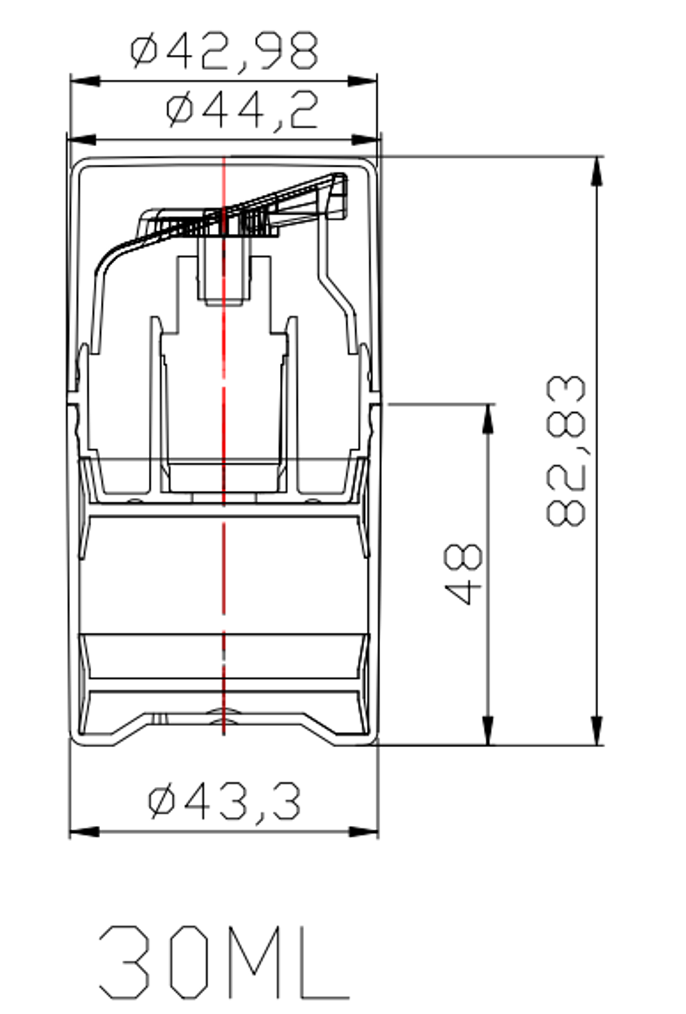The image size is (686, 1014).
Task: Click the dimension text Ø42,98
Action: (x=224, y=50)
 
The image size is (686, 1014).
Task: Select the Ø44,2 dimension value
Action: (x=243, y=109)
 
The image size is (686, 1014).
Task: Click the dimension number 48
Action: (x=463, y=574)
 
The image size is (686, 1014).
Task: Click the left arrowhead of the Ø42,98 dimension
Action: (x=85, y=81)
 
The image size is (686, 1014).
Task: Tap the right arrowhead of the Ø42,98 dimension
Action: (x=362, y=81)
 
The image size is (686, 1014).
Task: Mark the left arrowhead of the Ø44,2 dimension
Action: (x=82, y=140)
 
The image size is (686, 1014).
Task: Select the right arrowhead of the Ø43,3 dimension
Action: (x=364, y=832)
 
